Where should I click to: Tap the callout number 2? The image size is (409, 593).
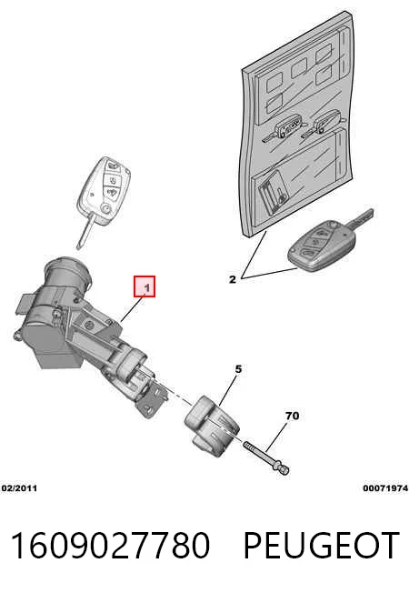coord(233,279)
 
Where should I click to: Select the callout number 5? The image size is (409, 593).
coord(238,368)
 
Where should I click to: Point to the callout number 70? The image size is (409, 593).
coord(292,416)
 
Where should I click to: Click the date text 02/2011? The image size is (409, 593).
coord(19,488)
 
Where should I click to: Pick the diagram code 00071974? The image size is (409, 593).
coord(385,488)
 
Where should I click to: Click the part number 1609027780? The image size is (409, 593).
coord(110,546)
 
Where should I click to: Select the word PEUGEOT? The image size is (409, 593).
coord(322,546)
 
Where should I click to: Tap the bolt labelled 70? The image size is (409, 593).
coord(266,457)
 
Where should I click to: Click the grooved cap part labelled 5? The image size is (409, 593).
coord(211,426)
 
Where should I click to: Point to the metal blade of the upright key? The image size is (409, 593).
coord(85,231)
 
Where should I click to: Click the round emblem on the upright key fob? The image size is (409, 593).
coord(105,208)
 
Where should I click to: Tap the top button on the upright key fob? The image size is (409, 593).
coord(113,166)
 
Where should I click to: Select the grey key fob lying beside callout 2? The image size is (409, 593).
coord(322,247)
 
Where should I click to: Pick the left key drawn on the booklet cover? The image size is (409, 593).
coord(284,128)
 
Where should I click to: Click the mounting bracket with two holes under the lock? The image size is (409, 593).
coord(151,401)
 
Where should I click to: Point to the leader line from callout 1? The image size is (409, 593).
coord(132,309)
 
